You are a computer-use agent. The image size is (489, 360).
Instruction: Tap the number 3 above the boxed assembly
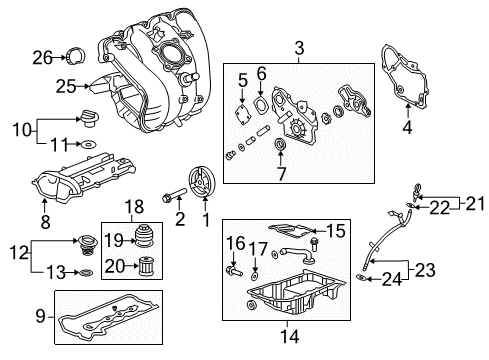(x=298, y=45)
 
